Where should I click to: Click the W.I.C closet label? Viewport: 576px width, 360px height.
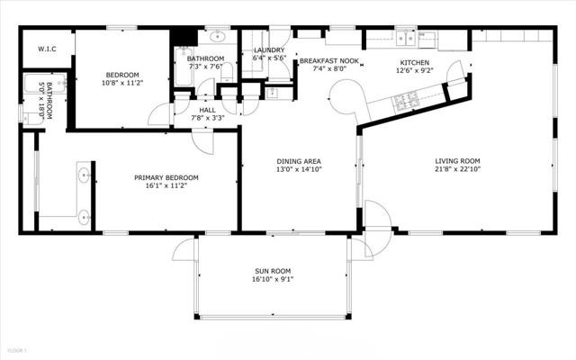pyautogui.click(x=47, y=49)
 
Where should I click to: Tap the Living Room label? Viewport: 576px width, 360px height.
pyautogui.click(x=457, y=161)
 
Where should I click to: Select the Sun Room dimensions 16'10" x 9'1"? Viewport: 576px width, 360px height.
pyautogui.click(x=273, y=279)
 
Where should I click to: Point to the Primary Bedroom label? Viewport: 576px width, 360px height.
pyautogui.click(x=166, y=178)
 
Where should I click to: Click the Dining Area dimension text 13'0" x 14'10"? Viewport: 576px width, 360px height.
pyautogui.click(x=299, y=169)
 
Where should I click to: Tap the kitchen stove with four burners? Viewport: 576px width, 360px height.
pyautogui.click(x=406, y=102)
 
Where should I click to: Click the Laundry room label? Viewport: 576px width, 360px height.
pyautogui.click(x=269, y=50)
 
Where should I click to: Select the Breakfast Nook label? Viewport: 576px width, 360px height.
pyautogui.click(x=329, y=60)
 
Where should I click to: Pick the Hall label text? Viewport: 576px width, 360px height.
pyautogui.click(x=208, y=110)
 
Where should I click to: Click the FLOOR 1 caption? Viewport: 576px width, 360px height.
pyautogui.click(x=17, y=350)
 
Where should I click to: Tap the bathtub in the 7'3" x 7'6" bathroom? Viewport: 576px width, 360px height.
pyautogui.click(x=184, y=67)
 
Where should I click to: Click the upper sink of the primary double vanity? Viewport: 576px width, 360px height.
pyautogui.click(x=84, y=175)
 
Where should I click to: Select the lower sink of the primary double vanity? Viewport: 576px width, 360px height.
pyautogui.click(x=84, y=218)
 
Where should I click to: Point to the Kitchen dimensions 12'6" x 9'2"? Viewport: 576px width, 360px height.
pyautogui.click(x=415, y=70)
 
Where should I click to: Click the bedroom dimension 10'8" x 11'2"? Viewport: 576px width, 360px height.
pyautogui.click(x=122, y=83)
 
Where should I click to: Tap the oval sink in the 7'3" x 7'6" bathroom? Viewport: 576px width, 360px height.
pyautogui.click(x=218, y=36)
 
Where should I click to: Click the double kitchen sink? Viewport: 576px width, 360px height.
pyautogui.click(x=406, y=38)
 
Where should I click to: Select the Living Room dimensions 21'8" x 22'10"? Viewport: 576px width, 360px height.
pyautogui.click(x=457, y=169)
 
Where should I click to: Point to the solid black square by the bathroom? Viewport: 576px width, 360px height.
pyautogui.click(x=184, y=37)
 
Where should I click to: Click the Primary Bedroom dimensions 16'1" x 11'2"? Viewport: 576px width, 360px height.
pyautogui.click(x=166, y=186)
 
